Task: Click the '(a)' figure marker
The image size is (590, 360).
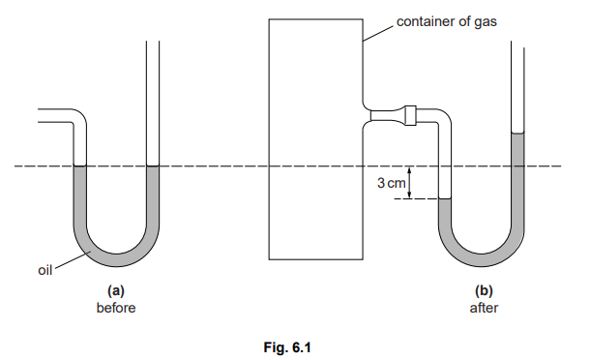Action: coord(115,289)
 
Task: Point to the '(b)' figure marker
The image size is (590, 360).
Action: coord(483,289)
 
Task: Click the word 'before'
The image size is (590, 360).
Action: coord(115,308)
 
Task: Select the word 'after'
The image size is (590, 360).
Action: coord(483,308)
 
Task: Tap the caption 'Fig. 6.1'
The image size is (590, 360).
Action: coord(295,344)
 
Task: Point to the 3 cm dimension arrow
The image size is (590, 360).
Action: coord(411,183)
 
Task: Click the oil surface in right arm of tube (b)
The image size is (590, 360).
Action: coord(517,134)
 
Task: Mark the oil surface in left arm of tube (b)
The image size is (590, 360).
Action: coord(446,199)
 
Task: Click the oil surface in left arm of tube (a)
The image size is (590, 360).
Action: coord(78,167)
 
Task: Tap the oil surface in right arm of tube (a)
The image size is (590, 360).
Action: coord(152,167)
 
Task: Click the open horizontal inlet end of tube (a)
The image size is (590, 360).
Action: coord(40,116)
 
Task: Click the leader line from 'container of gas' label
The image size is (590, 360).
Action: coord(378,30)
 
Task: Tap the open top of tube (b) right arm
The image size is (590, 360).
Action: coord(517,44)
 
